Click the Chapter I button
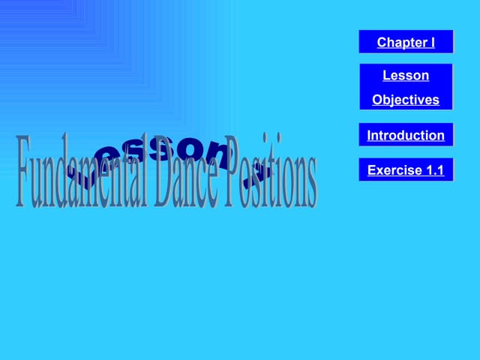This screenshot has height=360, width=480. (x=406, y=42)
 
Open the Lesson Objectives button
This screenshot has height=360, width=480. (x=406, y=87)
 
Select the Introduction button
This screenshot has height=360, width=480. (x=406, y=136)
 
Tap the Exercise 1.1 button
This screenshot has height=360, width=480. (x=406, y=170)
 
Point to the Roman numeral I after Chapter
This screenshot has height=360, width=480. (x=432, y=42)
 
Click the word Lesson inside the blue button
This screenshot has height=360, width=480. (x=406, y=76)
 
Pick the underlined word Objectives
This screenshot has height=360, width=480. (x=406, y=100)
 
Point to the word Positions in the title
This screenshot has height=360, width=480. (x=270, y=171)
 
